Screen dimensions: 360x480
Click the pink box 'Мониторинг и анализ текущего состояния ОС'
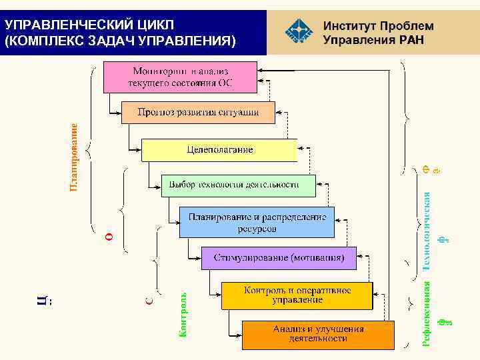[180, 77]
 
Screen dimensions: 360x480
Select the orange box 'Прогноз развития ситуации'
[198, 112]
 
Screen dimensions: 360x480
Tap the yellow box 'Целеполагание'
[219, 149]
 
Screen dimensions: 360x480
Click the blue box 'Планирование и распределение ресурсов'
[257, 222]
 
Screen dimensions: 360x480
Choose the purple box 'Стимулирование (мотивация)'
[279, 257]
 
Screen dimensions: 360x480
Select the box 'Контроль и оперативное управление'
[297, 295]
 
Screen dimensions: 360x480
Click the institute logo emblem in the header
[298, 29]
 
